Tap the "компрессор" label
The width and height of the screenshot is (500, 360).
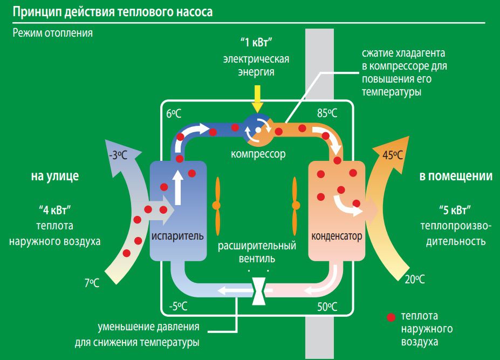pos(258,154)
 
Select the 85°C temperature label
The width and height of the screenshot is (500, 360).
pos(327,113)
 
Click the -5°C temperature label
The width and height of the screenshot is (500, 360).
pos(177,307)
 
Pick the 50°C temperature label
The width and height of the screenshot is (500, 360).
pos(327,307)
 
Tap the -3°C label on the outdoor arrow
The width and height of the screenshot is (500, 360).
pos(118,156)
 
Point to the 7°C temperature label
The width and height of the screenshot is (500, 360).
pos(92,282)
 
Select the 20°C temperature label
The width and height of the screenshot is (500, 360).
pos(414,279)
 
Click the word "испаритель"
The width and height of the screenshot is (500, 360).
pos(177,236)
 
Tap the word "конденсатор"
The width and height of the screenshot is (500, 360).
pos(337,236)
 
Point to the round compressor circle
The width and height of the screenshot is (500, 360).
pos(258,130)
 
